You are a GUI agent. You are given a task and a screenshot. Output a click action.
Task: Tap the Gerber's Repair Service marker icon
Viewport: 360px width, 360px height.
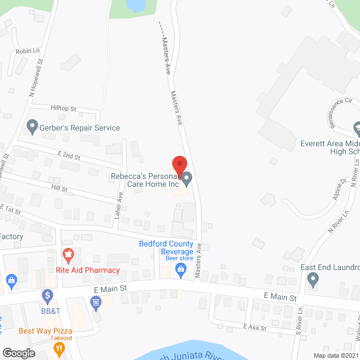click(x=32, y=127)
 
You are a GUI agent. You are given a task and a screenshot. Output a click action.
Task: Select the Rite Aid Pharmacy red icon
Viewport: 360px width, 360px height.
click(x=68, y=255)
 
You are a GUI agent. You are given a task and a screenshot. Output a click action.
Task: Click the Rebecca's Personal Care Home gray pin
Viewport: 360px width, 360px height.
click(x=188, y=179)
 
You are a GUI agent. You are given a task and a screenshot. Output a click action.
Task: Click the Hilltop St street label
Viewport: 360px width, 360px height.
click(x=63, y=108)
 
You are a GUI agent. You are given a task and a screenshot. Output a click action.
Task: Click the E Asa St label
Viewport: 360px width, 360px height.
click(x=254, y=327)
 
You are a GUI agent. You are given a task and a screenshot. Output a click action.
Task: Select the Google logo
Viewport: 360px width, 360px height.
click(x=18, y=353)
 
